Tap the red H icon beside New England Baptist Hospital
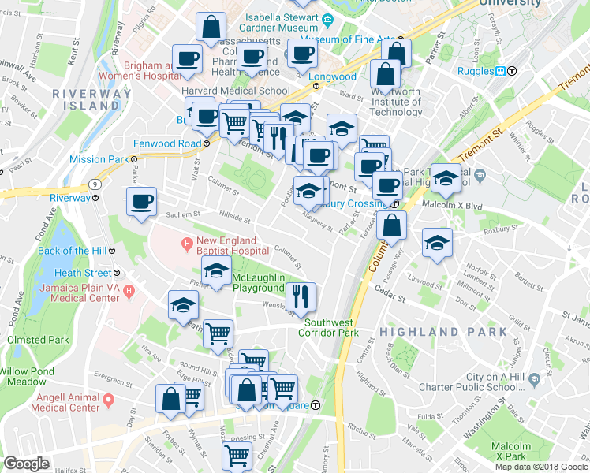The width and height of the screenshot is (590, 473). (187, 241)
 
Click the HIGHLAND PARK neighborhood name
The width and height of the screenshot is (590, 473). (443, 332)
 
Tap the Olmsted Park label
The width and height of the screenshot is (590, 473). (37, 340)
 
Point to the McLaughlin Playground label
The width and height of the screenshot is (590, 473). (263, 282)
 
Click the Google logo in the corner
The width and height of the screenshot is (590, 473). (26, 464)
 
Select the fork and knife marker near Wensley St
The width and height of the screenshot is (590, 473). (301, 296)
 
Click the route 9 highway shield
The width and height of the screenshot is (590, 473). (95, 183)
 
